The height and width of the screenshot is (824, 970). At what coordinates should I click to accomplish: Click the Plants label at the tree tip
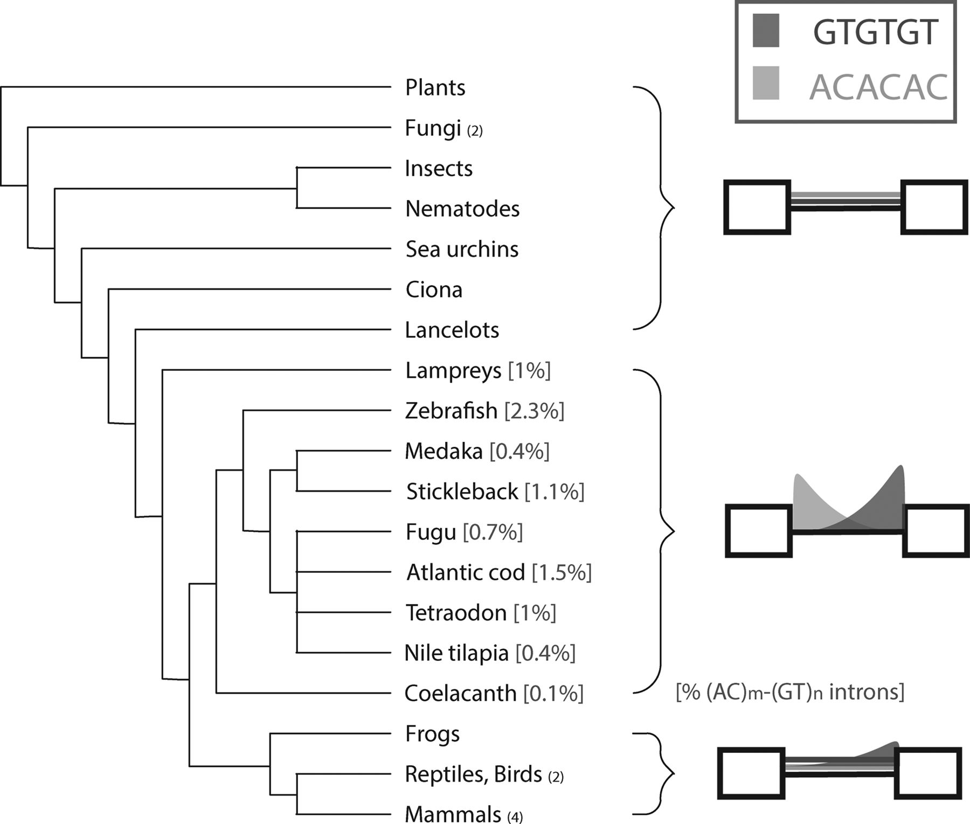(x=435, y=88)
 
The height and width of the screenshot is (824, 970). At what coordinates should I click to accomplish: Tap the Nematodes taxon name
(x=462, y=209)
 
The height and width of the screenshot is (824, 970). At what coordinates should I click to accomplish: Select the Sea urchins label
(x=462, y=250)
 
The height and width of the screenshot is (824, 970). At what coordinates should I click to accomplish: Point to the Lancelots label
(x=452, y=330)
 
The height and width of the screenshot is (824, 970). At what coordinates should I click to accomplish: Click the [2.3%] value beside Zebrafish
(x=534, y=411)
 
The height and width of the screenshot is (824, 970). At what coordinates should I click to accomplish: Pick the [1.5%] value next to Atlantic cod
(x=562, y=573)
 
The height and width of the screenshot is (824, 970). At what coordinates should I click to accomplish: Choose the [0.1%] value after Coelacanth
(x=553, y=694)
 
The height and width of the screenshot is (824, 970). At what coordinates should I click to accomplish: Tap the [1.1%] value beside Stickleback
(x=555, y=492)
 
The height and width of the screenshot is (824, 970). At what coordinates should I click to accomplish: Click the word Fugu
(x=431, y=533)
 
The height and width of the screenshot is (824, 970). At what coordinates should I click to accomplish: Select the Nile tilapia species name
(x=456, y=654)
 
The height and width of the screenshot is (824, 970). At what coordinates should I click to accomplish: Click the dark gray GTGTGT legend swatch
(x=766, y=31)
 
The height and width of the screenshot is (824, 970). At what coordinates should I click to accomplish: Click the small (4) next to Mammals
(x=515, y=818)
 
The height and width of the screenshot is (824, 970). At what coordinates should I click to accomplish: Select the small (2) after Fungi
(x=475, y=131)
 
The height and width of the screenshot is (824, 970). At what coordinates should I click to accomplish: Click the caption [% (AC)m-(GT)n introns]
(x=790, y=692)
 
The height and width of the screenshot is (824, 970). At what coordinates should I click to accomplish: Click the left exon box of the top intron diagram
(x=757, y=207)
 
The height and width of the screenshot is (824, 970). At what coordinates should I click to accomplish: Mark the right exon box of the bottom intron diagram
(x=928, y=773)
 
